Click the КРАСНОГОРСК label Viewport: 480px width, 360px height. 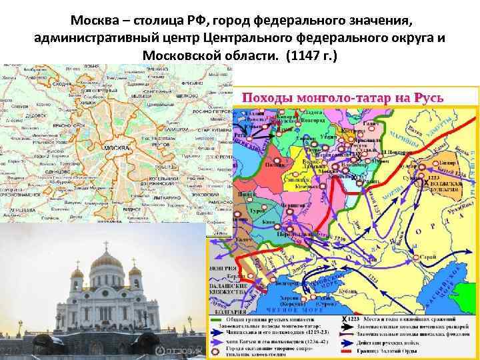(69, 125)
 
